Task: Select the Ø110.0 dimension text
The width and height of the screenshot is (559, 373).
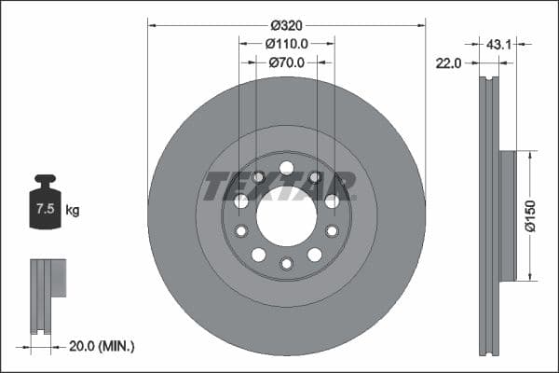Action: pos(286,43)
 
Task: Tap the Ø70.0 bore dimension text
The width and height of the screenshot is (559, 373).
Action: pos(286,62)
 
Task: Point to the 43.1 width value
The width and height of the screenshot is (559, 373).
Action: pos(498,43)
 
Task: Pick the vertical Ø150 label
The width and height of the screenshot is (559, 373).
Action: pos(530,214)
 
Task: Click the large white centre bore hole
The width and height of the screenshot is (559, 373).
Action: pos(286,216)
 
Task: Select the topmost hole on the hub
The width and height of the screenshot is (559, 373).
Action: pos(286,168)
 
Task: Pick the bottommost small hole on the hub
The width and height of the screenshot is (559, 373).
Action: pos(286,264)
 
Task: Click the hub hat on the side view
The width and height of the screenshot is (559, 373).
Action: pos(507,215)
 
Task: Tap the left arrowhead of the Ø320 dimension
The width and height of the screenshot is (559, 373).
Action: pos(152,24)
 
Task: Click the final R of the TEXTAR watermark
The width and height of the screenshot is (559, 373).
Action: pos(343,186)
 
